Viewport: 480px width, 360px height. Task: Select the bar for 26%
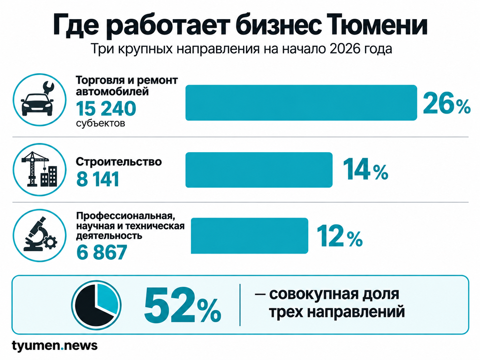301,102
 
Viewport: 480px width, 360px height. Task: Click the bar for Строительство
259,170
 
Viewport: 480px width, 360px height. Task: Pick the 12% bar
250,236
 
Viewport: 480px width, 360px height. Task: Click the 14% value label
365,169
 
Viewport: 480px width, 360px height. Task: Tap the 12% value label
339,235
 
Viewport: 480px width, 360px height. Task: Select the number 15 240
106,109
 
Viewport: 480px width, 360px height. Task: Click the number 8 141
97,179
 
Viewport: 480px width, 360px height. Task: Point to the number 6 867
102,252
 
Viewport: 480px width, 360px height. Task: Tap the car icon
37,104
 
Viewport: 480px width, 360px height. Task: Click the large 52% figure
182,305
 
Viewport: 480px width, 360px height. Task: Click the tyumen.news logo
55,346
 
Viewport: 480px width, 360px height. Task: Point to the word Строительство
119,162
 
